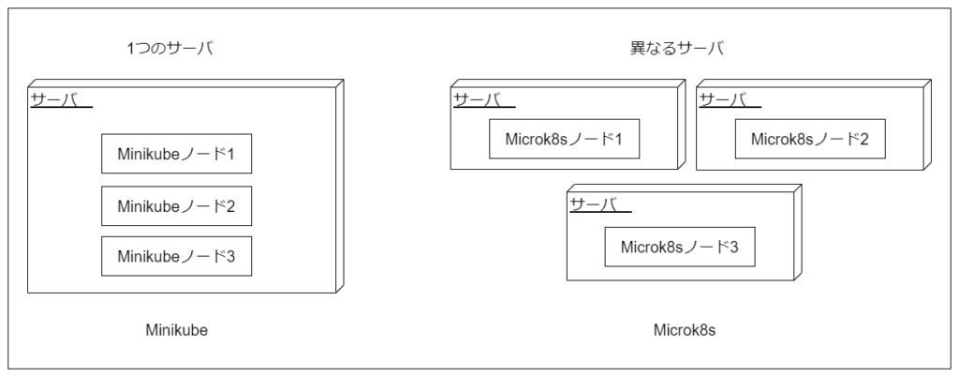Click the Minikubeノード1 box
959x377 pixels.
coord(177,154)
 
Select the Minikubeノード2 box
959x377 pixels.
coord(177,205)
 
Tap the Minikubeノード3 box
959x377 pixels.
coord(177,256)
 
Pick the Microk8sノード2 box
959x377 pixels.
coord(810,140)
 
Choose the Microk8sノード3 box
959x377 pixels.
coord(680,248)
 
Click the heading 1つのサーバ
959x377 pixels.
coord(170,49)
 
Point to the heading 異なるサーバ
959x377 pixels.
coord(677,49)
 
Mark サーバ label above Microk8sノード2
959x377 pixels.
coord(724,99)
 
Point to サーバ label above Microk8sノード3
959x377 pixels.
coord(594,204)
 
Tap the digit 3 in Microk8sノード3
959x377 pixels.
coord(734,248)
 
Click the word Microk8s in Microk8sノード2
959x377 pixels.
coord(782,140)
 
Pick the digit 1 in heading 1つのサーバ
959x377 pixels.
coord(131,49)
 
